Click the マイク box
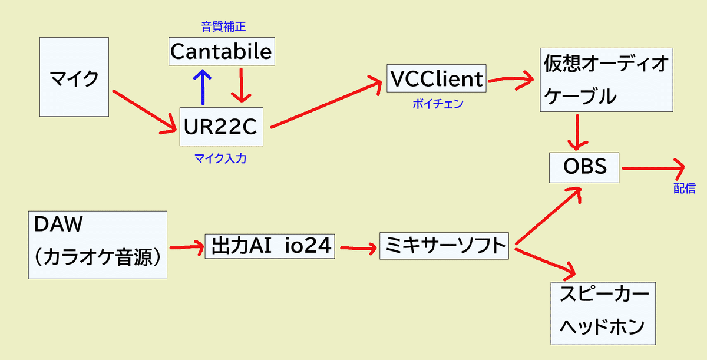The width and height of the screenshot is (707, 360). [x=74, y=77]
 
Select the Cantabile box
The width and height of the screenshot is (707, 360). [x=222, y=51]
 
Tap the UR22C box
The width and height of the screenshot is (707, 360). [x=222, y=127]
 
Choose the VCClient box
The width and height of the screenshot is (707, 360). [x=437, y=78]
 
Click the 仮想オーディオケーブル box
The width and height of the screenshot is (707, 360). [x=606, y=80]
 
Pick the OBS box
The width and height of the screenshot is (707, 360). [x=584, y=167]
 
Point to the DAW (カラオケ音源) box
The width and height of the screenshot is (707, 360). [x=98, y=245]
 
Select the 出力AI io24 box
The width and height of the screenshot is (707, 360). [x=270, y=246]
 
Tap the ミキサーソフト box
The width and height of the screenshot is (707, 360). [x=444, y=246]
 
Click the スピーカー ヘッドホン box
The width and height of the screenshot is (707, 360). [x=603, y=313]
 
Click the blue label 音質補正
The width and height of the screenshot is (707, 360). [x=223, y=27]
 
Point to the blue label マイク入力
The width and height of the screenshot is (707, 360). [x=220, y=158]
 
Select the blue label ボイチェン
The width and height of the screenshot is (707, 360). [x=438, y=104]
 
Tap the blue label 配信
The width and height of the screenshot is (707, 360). [x=685, y=189]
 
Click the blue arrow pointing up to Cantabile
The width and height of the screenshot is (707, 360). [x=203, y=87]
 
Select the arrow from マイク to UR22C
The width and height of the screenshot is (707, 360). [x=144, y=112]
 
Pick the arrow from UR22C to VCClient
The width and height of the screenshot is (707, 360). [x=326, y=101]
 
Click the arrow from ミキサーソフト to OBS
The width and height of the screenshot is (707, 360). [x=549, y=216]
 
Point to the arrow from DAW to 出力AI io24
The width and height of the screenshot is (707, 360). [x=187, y=247]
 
